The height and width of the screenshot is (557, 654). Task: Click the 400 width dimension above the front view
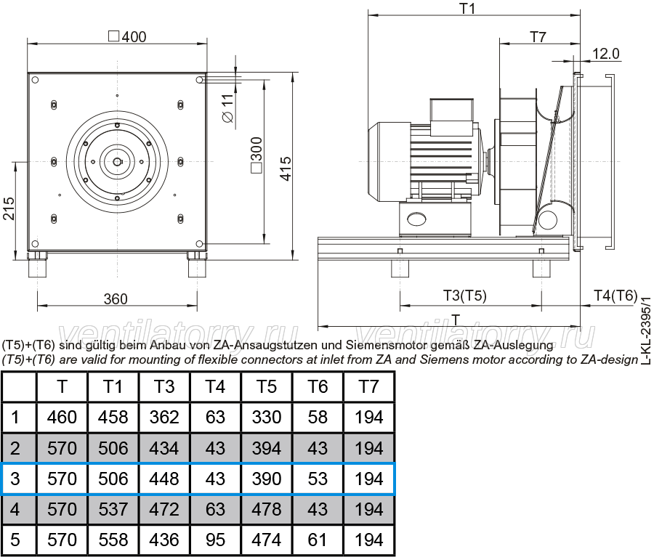(x=128, y=37)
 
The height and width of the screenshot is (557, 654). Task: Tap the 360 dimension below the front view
(x=116, y=299)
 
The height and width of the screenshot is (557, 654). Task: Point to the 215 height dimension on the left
(x=9, y=208)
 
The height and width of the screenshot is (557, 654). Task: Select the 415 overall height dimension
(x=286, y=169)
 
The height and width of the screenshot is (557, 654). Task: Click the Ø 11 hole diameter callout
(x=227, y=108)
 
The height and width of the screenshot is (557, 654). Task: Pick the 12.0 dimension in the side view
(x=606, y=54)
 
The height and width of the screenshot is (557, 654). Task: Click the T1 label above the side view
(x=467, y=8)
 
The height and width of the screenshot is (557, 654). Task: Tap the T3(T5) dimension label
(x=464, y=296)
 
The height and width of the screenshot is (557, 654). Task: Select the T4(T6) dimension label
(x=615, y=296)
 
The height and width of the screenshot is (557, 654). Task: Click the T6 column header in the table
(x=318, y=386)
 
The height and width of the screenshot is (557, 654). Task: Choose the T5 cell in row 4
(x=267, y=509)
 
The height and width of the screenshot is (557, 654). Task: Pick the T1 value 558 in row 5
(x=113, y=540)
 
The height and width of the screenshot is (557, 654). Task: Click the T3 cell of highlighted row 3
(x=164, y=479)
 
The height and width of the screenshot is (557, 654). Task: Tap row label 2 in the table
(x=15, y=448)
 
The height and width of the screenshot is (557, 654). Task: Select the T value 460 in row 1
(x=62, y=418)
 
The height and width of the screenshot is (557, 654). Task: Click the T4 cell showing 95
(x=215, y=540)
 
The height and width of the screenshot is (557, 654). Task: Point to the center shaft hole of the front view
(x=117, y=162)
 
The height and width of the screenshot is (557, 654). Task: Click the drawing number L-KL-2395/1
(x=646, y=330)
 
